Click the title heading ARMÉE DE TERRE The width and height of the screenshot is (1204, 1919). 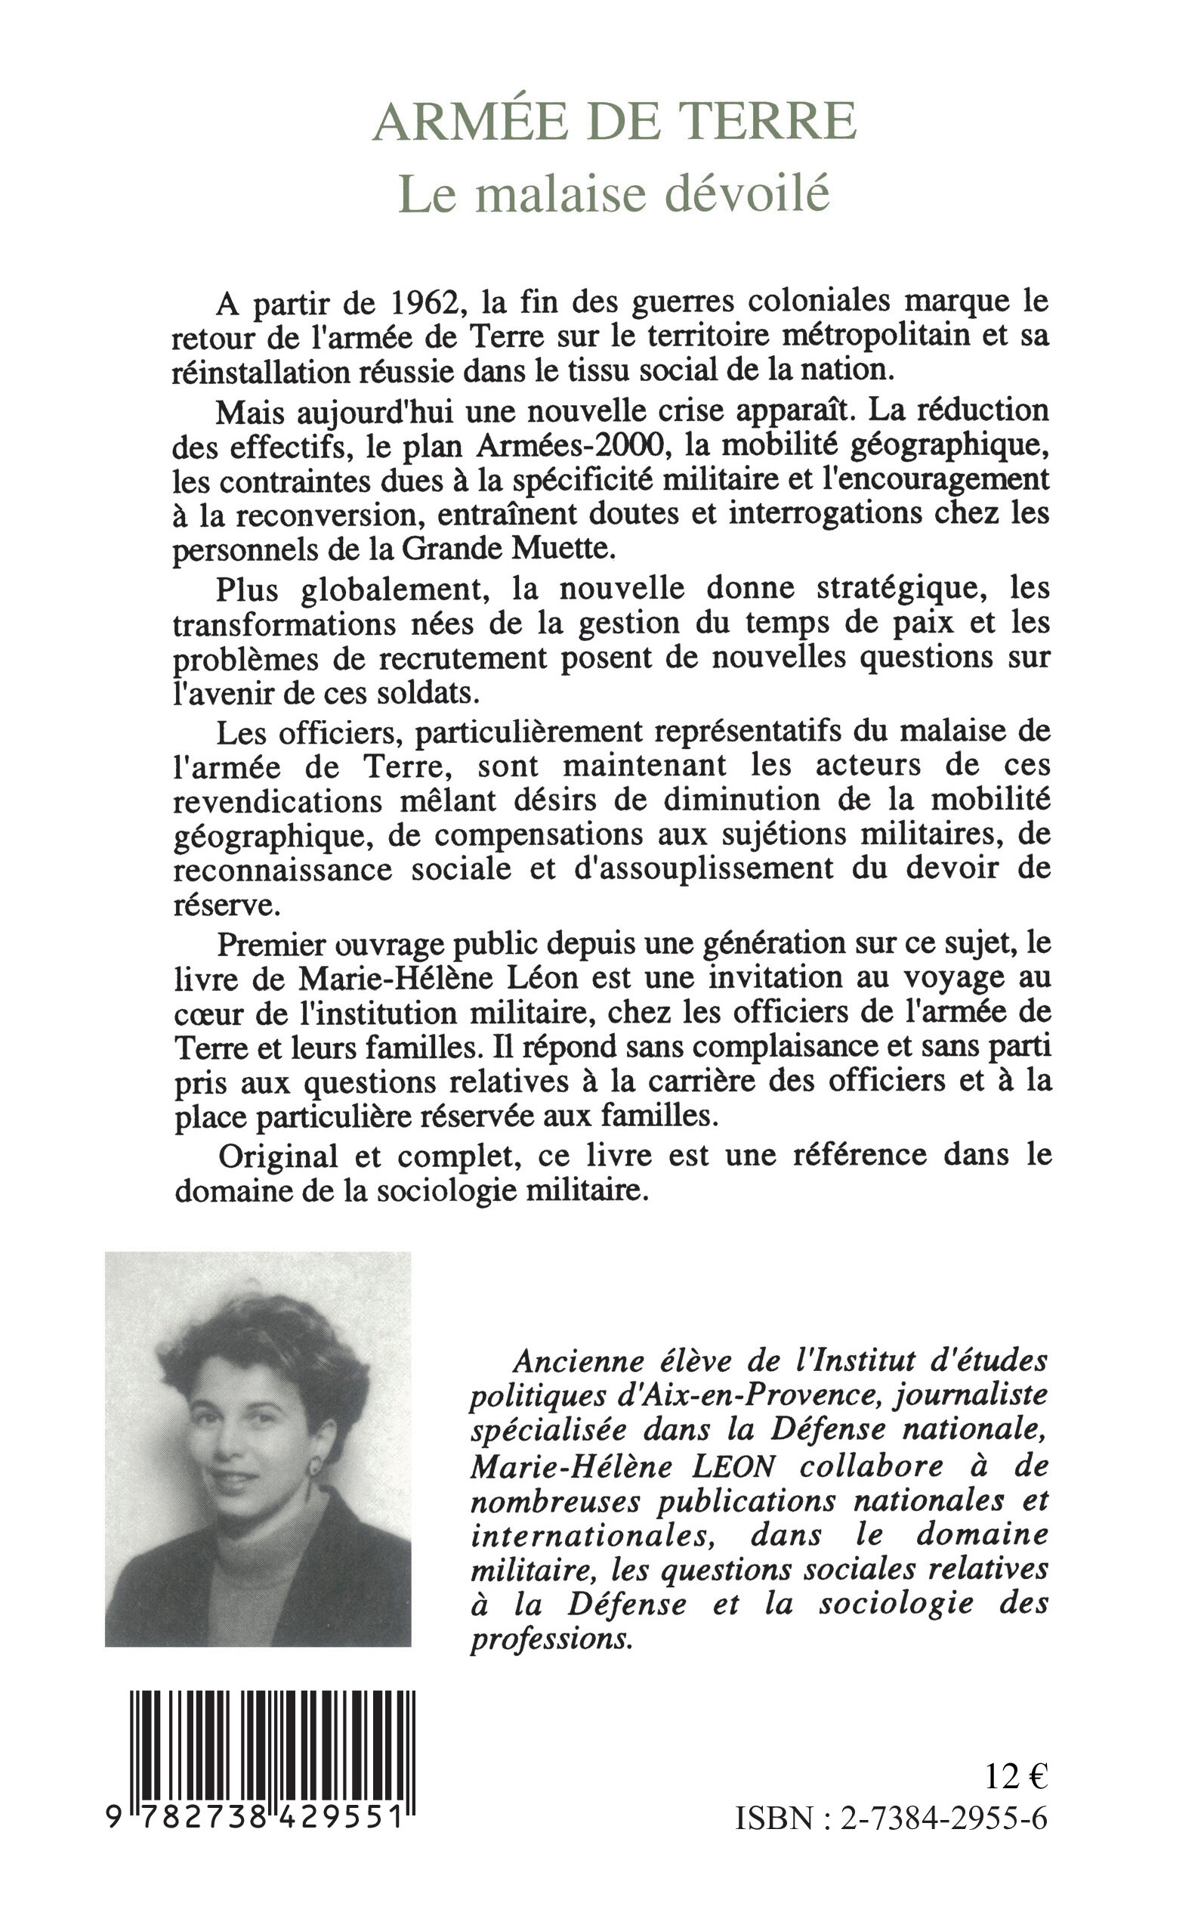point(614,122)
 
